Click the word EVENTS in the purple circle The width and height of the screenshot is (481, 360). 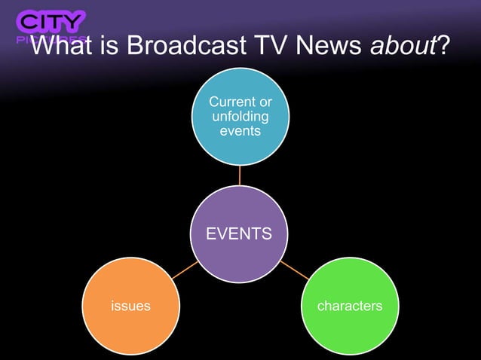coord(240,233)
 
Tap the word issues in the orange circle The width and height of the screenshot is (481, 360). coord(130,306)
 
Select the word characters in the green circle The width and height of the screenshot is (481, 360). coord(349,306)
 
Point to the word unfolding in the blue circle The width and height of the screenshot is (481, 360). coord(240,116)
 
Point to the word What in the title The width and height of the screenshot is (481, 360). coord(62,47)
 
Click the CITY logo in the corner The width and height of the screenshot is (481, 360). coord(51,23)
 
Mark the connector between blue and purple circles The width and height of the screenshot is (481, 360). coord(240,175)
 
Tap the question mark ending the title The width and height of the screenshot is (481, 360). coord(443,47)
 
